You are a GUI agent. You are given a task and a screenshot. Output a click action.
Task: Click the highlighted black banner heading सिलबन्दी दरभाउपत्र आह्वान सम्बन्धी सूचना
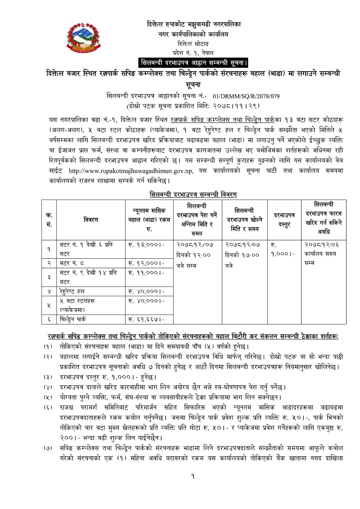[193, 62]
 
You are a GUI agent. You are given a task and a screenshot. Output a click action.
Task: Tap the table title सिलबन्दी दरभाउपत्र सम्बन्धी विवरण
[193, 194]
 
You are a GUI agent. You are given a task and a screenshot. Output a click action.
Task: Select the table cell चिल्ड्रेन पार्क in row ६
[76, 320]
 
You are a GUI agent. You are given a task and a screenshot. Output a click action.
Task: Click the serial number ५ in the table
[49, 305]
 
